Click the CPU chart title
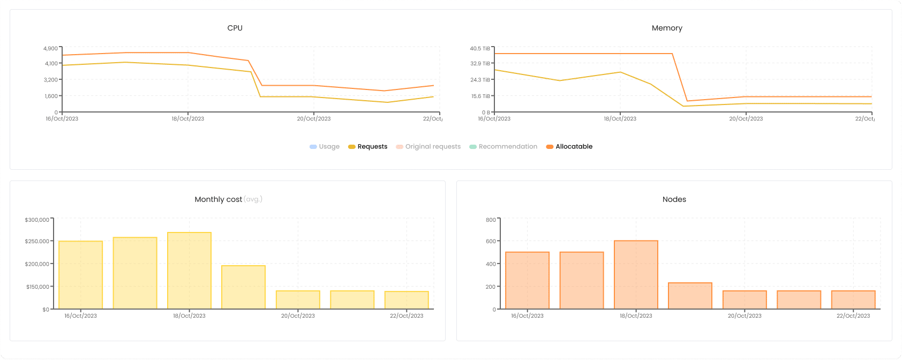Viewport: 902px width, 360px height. coord(235,28)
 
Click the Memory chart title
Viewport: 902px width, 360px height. coord(667,28)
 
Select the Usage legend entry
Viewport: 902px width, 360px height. coord(325,147)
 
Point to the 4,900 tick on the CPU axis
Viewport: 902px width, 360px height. coord(51,49)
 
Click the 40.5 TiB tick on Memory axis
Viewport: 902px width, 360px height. coord(480,49)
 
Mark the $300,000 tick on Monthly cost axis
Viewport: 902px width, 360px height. coord(37,220)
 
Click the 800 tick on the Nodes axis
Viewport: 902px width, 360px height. coord(491,220)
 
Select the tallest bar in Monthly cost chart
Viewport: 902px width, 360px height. coord(189,271)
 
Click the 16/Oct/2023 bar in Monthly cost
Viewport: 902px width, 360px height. coord(80,275)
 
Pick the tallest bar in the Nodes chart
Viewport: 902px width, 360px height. coord(636,275)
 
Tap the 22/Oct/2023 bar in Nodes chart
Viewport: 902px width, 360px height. coord(853,299)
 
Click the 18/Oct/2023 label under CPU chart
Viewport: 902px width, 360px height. coord(187,119)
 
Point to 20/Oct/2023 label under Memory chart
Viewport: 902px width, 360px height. coord(746,119)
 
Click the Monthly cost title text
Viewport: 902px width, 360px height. coord(219,199)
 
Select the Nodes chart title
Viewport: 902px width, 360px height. coord(674,199)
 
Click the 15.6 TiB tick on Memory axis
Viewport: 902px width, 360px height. coord(480,96)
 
